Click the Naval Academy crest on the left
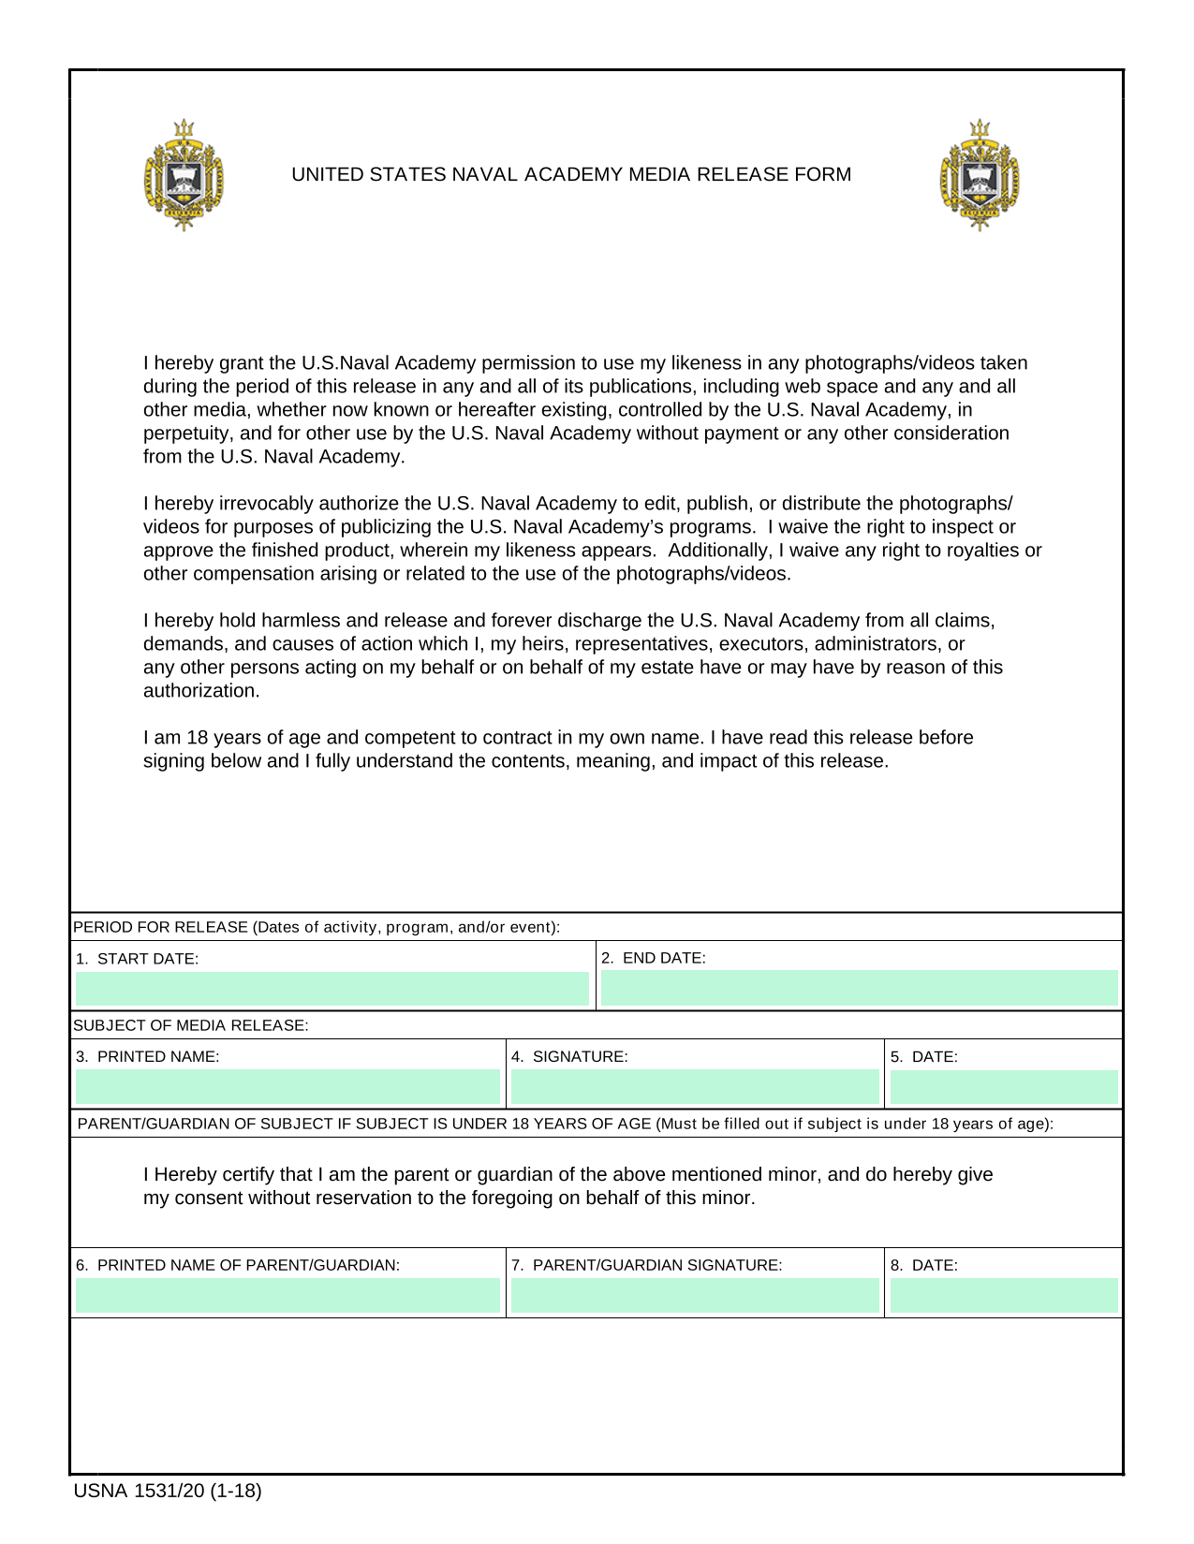coord(184,175)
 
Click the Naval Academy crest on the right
coord(980,175)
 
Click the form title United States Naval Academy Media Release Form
coord(571,174)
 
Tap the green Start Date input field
coord(332,989)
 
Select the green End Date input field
coord(859,989)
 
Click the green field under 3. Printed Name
coord(287,1087)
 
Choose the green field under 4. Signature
coord(695,1087)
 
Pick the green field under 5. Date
coord(1004,1087)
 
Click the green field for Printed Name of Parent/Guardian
coord(287,1296)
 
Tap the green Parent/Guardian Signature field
coord(695,1296)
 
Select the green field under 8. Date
coord(1004,1296)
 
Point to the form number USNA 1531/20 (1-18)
coord(168,1491)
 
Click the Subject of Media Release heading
coord(191,1025)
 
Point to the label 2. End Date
coord(654,958)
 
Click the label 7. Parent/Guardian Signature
coord(647,1265)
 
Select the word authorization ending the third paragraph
coord(200,691)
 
